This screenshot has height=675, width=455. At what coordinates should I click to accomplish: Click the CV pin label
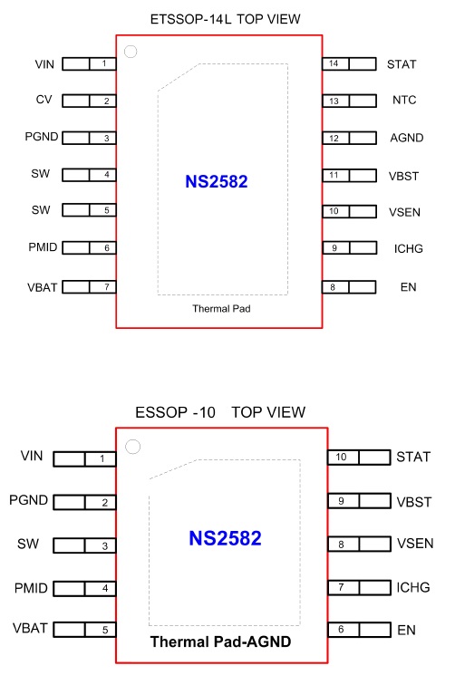point(44,100)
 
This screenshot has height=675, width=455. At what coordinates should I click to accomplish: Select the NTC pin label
point(404,101)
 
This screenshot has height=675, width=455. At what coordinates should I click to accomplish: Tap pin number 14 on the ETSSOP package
point(334,63)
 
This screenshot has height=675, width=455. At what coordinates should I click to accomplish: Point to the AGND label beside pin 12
point(407,138)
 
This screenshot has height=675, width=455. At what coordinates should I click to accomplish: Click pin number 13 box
point(334,101)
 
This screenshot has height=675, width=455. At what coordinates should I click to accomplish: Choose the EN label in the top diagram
point(408,287)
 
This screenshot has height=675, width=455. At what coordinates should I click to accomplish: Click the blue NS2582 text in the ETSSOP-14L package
point(217,182)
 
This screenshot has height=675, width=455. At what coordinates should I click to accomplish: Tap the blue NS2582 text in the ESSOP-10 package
point(225,538)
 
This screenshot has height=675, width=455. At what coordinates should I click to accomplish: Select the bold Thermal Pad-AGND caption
point(220,641)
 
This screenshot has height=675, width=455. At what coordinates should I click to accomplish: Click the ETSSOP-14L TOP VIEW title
point(225,19)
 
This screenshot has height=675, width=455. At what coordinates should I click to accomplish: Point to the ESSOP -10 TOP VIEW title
point(220,412)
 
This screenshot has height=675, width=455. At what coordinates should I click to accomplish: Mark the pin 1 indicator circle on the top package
point(131,52)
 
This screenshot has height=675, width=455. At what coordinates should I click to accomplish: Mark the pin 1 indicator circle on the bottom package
point(132,447)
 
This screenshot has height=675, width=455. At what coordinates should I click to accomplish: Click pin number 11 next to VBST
point(334,175)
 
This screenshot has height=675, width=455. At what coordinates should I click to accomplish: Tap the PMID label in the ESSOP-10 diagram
point(31,588)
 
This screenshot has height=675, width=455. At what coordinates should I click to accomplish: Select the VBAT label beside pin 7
point(43,287)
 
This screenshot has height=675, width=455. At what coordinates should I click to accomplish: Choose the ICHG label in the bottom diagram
point(413,588)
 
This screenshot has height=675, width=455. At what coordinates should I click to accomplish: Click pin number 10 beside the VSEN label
point(334,211)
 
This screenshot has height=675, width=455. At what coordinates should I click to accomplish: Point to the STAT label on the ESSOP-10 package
point(413,457)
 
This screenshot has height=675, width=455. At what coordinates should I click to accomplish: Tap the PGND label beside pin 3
point(42,137)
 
